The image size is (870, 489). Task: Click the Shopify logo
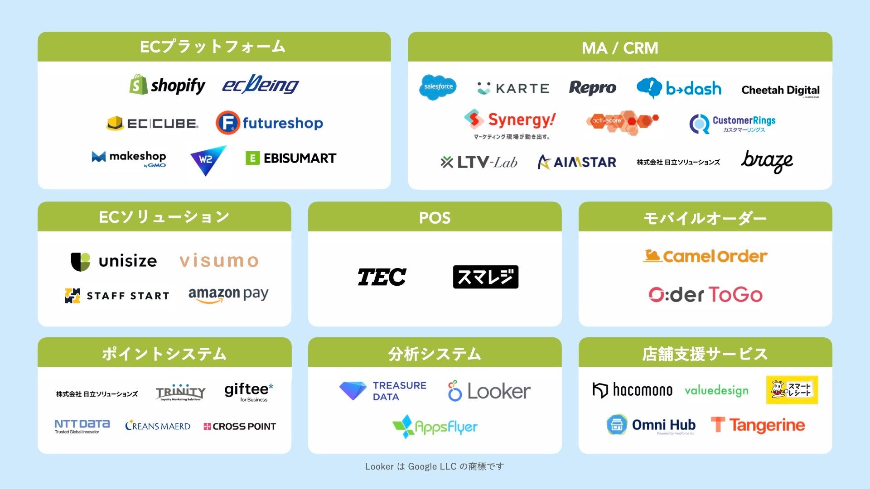[x=168, y=85]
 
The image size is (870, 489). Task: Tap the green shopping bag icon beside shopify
[x=139, y=85]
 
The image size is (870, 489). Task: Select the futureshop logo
[x=269, y=123]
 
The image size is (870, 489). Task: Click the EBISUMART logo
[x=291, y=158]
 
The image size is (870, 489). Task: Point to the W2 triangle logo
[x=207, y=160]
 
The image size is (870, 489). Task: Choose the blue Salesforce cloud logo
[x=438, y=87]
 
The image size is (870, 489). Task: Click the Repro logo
[x=592, y=88]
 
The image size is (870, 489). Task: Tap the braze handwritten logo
[x=767, y=162]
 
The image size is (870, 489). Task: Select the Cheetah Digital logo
[x=780, y=90]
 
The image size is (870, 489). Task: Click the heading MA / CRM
[x=619, y=48]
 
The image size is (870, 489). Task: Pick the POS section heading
[x=435, y=218]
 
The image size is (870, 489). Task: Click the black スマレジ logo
[x=485, y=277]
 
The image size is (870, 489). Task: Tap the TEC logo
[x=382, y=277]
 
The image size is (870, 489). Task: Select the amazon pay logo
[x=228, y=295]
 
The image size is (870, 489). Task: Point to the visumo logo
[x=219, y=261]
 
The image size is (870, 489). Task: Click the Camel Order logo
[x=705, y=256]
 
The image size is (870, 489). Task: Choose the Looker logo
[x=489, y=391]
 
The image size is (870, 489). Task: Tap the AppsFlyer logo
[x=435, y=427]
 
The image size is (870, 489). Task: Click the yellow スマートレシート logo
[x=792, y=390]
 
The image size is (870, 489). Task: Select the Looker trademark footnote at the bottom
[x=435, y=466]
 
